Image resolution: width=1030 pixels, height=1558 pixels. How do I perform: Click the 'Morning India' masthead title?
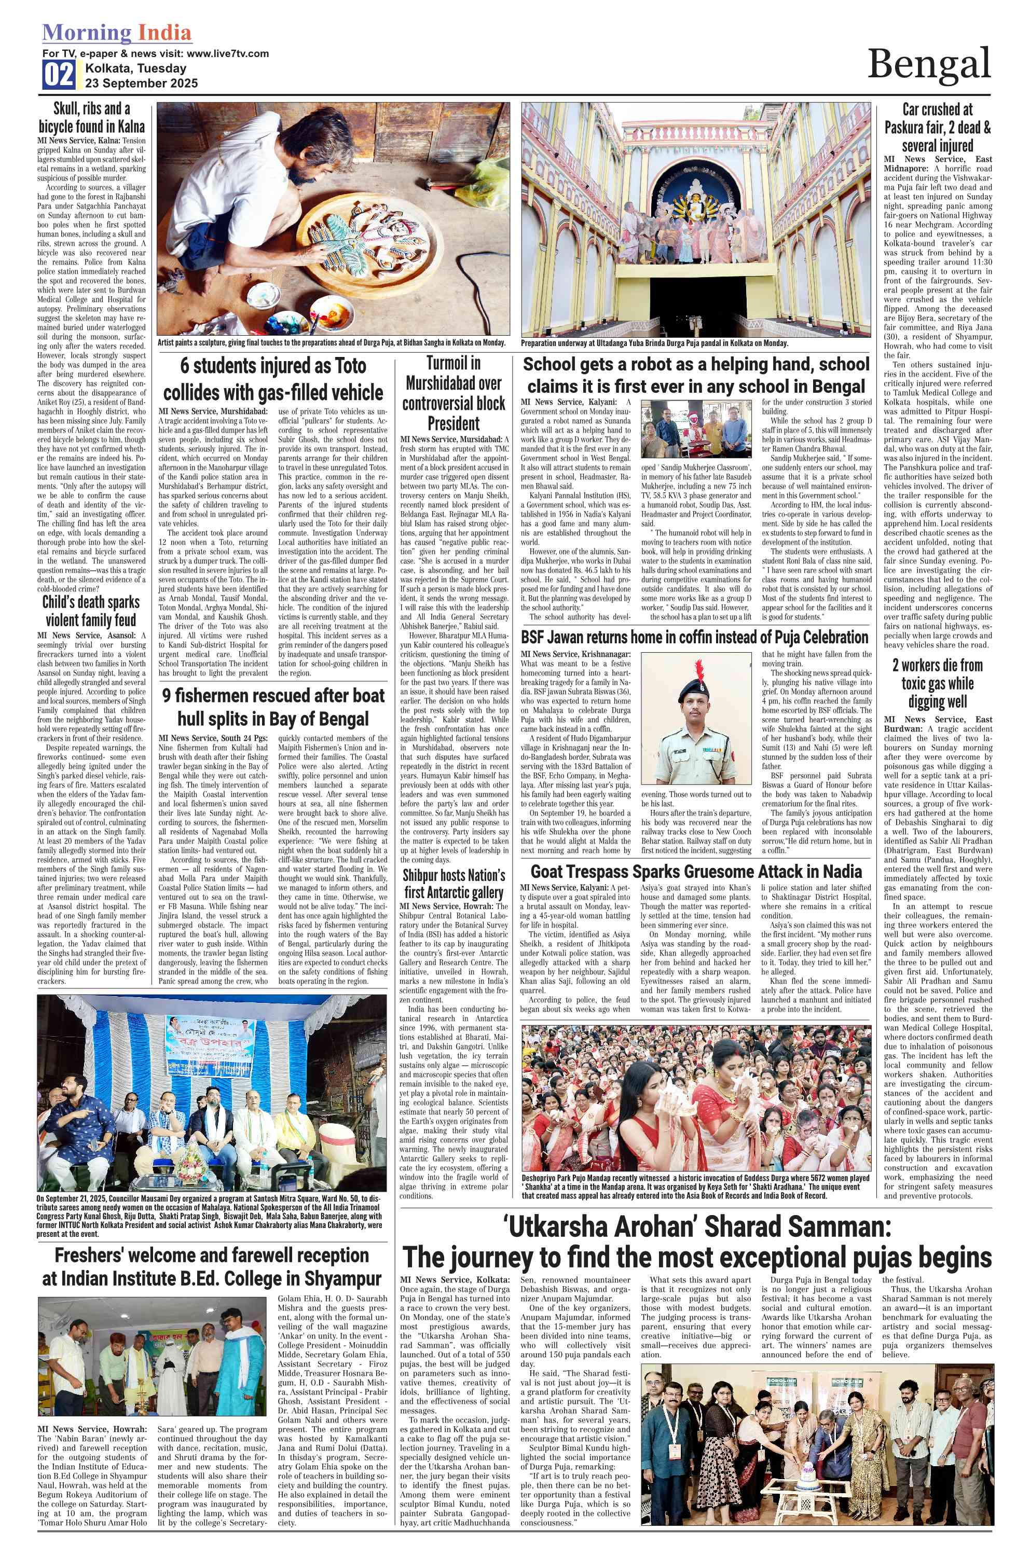tap(117, 33)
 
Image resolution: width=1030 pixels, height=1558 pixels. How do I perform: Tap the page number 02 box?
tap(59, 75)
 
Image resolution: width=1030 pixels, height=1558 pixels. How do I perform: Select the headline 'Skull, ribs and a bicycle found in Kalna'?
tap(92, 118)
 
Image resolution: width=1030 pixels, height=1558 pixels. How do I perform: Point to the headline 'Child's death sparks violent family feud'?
tap(91, 611)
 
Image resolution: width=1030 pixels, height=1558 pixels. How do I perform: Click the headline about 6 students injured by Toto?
tap(273, 379)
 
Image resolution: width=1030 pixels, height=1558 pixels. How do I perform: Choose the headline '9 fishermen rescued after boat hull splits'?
tap(273, 707)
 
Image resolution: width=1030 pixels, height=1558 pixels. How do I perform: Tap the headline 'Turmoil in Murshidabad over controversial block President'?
tap(454, 393)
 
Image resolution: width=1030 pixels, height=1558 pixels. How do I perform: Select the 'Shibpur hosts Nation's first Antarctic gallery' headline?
tap(454, 884)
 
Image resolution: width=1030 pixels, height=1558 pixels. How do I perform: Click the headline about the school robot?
tap(696, 375)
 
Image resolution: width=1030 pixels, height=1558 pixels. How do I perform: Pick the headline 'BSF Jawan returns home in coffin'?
tap(695, 637)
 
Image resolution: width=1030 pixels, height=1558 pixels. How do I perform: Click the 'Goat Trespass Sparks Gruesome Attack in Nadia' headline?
tap(696, 872)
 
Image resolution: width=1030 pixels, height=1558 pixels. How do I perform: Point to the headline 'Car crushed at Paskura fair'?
tap(938, 128)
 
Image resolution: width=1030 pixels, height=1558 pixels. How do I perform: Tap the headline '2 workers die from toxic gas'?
tap(938, 683)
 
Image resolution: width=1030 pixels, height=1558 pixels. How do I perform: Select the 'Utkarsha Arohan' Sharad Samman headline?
tap(696, 1243)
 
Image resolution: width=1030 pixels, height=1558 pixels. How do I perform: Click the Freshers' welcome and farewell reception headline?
tap(212, 1267)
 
